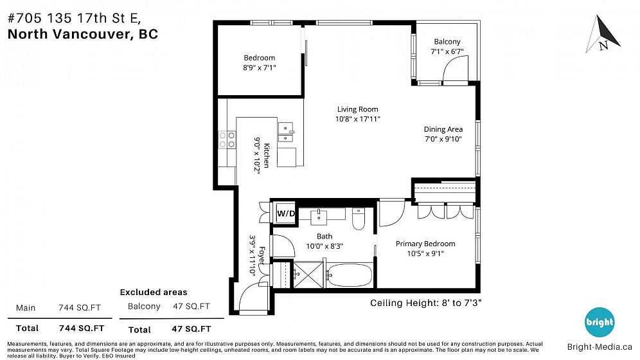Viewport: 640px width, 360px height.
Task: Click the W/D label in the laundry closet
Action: click(286, 213)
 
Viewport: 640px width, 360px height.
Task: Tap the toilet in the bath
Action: click(359, 219)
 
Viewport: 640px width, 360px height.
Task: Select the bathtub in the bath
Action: click(350, 275)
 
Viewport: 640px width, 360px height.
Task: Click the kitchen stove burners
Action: click(227, 139)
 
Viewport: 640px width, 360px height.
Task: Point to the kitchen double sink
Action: click(285, 132)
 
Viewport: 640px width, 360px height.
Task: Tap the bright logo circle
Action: click(599, 322)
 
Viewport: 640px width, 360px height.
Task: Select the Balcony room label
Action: click(447, 42)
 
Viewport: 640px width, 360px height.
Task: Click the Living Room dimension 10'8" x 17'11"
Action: click(357, 119)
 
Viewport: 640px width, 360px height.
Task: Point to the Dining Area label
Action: click(443, 129)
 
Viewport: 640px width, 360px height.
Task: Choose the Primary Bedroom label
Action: click(425, 244)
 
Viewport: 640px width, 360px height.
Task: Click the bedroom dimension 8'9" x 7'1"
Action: click(259, 67)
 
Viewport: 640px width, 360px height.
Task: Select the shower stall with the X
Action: click(308, 275)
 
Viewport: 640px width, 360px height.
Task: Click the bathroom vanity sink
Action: click(318, 217)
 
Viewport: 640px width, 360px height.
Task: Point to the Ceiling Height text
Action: click(426, 303)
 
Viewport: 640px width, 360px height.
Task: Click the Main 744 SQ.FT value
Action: click(80, 308)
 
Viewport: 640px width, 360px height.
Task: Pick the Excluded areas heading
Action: click(154, 292)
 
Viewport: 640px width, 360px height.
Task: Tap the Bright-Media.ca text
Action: click(600, 347)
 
